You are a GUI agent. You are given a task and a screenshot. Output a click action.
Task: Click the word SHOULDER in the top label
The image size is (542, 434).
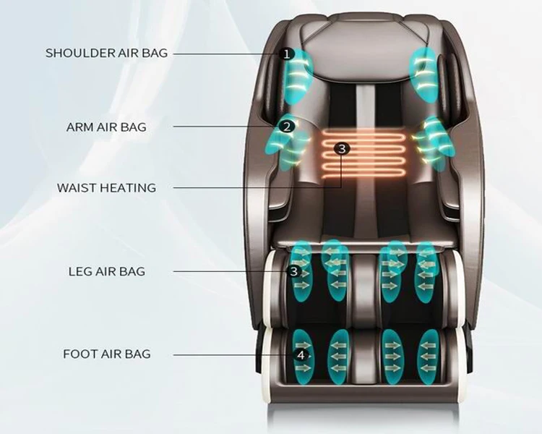click(79, 53)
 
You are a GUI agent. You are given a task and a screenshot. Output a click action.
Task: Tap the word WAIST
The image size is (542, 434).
click(77, 188)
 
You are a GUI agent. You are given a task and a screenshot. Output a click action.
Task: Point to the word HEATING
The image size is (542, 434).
click(128, 188)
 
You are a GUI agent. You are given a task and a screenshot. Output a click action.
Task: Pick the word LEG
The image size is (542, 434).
click(79, 271)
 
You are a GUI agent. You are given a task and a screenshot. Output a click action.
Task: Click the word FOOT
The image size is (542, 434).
click(80, 354)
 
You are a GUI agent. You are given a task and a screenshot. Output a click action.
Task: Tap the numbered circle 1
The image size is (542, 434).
click(287, 54)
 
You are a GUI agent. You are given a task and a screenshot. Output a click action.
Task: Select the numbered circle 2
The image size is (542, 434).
click(287, 127)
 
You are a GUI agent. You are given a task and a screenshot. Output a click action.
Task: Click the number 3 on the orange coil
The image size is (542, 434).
click(342, 149)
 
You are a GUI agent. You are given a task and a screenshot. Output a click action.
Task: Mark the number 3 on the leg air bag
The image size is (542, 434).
click(294, 271)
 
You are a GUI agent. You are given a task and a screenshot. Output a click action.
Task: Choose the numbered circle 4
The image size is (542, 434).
click(301, 355)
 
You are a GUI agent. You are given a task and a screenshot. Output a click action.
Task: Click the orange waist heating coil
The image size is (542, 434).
click(364, 154)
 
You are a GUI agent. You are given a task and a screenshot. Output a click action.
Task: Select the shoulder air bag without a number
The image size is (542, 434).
click(423, 74)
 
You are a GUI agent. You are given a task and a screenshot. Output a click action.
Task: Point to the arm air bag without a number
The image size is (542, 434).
click(432, 143)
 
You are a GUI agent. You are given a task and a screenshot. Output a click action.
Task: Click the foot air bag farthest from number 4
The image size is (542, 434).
click(429, 357)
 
